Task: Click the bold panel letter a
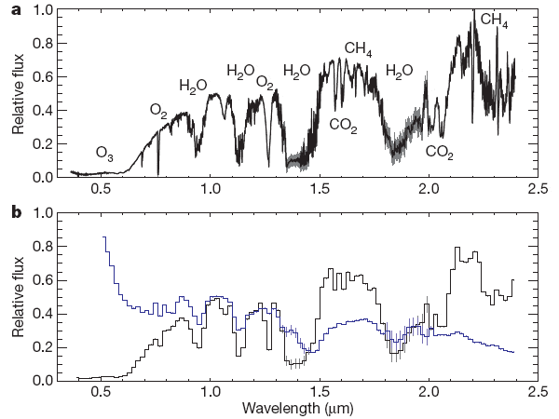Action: coord(17,10)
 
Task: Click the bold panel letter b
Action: coord(17,212)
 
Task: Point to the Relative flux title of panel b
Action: coord(18,295)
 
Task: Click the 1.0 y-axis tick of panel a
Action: coord(43,10)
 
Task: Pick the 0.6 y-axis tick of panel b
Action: coord(43,279)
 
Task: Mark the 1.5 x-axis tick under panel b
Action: coord(319,392)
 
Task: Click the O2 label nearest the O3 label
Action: coord(159,111)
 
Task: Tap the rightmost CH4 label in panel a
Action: coord(495,20)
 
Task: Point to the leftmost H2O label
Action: coord(193,87)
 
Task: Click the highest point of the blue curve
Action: coord(103,237)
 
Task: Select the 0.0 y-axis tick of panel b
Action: coord(43,380)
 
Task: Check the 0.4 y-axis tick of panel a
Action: coord(43,111)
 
